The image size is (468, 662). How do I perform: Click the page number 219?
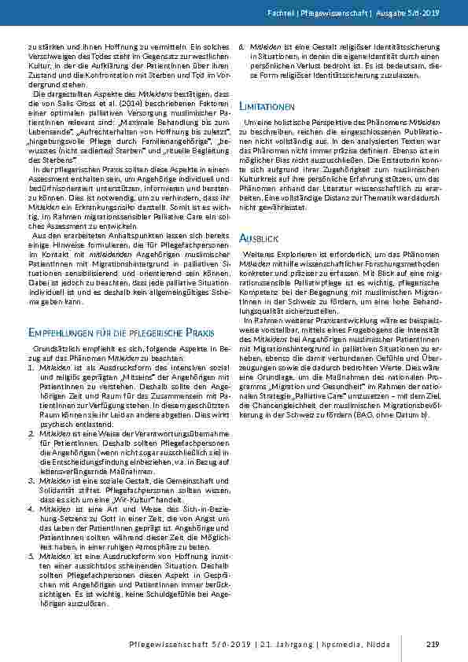click(431, 645)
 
